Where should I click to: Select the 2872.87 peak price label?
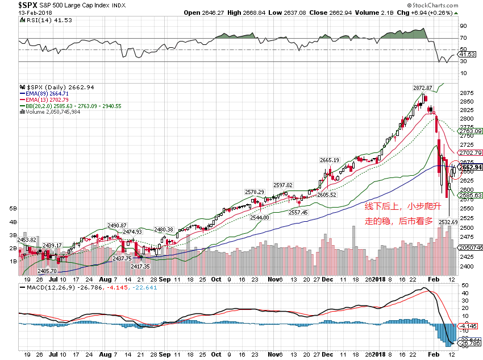423,88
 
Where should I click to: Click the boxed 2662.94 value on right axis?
470,167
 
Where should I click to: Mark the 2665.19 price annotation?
330,160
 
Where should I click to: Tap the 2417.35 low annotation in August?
140,266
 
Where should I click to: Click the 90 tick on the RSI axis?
464,26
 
